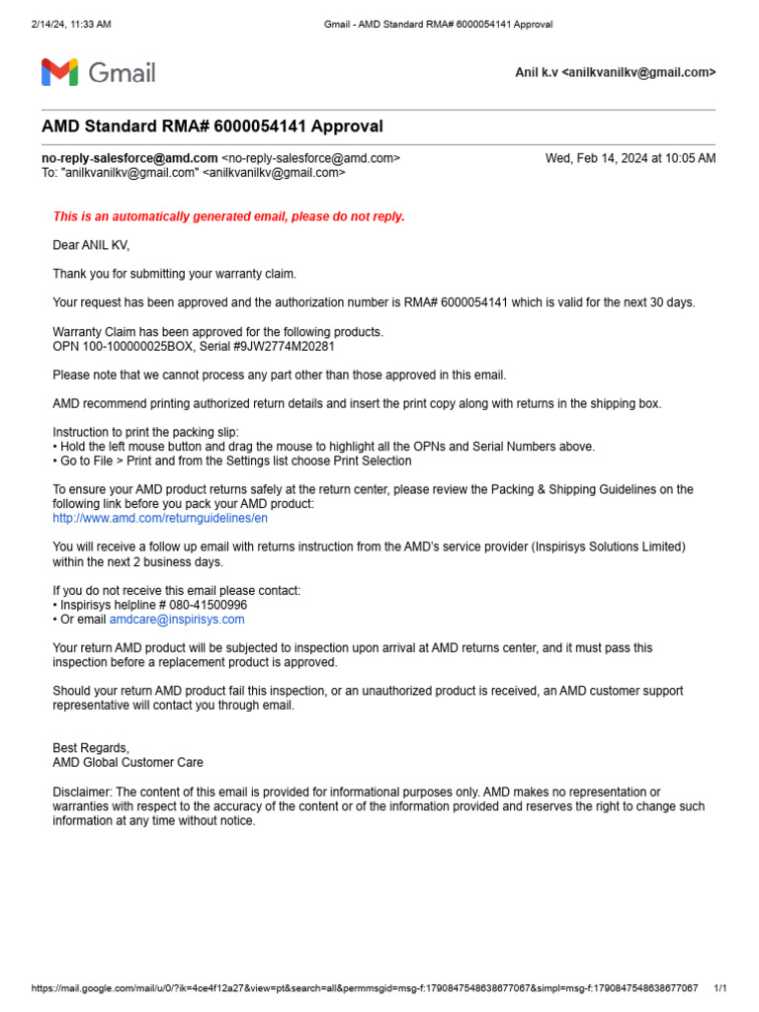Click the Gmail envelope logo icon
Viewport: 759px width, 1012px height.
pos(58,72)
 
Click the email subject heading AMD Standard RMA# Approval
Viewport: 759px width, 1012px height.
pos(211,126)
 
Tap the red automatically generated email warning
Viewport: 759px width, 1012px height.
pos(228,216)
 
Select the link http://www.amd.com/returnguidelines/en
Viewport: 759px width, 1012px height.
pos(160,517)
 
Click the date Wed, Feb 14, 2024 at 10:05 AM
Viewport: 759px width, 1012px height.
pos(631,158)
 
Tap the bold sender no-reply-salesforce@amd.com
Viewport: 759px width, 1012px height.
pos(129,158)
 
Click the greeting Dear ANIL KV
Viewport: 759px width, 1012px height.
pos(91,245)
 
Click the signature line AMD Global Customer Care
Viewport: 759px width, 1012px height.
pos(127,762)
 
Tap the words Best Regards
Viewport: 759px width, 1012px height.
pos(91,748)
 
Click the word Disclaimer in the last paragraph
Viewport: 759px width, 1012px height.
pos(83,792)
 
